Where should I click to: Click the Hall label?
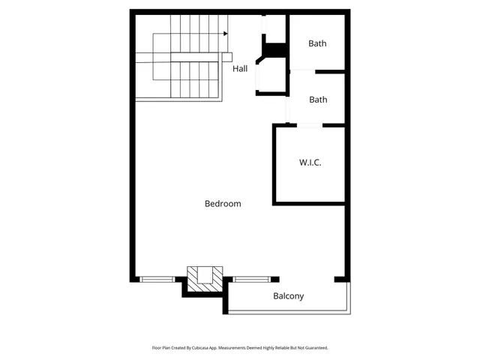pyautogui.click(x=240, y=69)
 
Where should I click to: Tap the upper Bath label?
pyautogui.click(x=317, y=43)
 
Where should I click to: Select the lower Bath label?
pyautogui.click(x=318, y=99)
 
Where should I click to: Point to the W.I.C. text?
pyautogui.click(x=310, y=163)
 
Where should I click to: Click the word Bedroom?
pyautogui.click(x=223, y=203)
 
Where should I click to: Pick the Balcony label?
pyautogui.click(x=288, y=296)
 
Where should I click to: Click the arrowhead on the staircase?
pyautogui.click(x=226, y=33)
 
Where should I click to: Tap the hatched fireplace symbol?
pyautogui.click(x=205, y=280)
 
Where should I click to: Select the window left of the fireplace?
pyautogui.click(x=157, y=279)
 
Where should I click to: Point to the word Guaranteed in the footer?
pyautogui.click(x=314, y=348)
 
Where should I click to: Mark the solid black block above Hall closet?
pyautogui.click(x=275, y=49)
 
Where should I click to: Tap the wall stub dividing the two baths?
pyautogui.click(x=330, y=72)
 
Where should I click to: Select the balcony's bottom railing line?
pyautogui.click(x=288, y=312)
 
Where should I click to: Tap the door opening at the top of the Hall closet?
pyautogui.click(x=264, y=26)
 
